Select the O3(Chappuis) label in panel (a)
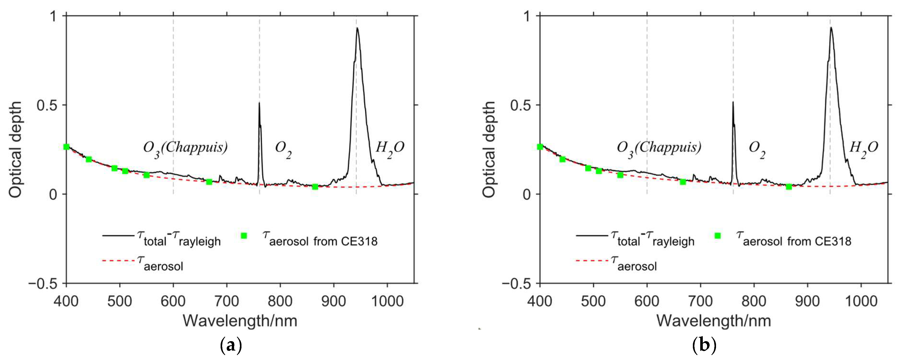(x=185, y=148)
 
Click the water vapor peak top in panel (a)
(x=357, y=28)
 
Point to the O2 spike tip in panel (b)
(x=733, y=102)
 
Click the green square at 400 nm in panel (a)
(x=66, y=147)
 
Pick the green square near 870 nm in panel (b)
(x=789, y=187)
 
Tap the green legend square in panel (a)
(x=244, y=236)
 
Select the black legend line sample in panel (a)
(x=118, y=236)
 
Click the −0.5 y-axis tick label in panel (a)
(x=43, y=284)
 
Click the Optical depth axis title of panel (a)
(x=15, y=149)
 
